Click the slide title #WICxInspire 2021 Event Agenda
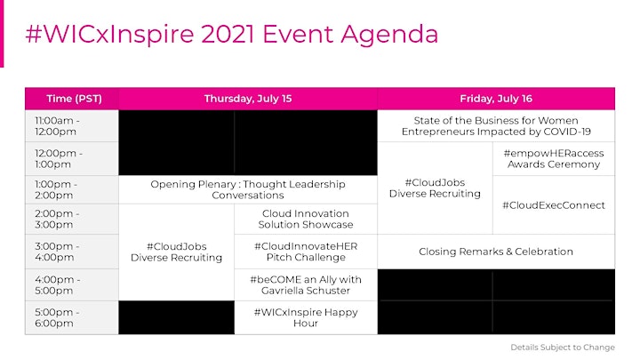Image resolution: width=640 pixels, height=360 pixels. [x=232, y=35]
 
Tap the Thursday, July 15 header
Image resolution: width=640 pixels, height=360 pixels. [x=248, y=99]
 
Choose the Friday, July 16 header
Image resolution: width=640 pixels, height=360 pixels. [x=496, y=99]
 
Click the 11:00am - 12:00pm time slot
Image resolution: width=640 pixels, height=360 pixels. [x=72, y=126]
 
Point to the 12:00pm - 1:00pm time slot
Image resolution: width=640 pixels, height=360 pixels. [x=72, y=159]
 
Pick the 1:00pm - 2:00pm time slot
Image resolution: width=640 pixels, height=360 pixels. [x=72, y=190]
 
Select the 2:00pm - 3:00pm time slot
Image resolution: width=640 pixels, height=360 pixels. [x=72, y=220]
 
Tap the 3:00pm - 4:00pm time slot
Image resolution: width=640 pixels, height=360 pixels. [x=72, y=252]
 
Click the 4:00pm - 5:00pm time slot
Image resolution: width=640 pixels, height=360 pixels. [x=72, y=285]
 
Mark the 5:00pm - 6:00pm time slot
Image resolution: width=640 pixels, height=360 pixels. [x=72, y=317]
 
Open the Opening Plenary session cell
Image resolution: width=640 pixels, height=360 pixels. [x=248, y=190]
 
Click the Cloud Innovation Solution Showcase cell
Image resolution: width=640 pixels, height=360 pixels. [x=306, y=220]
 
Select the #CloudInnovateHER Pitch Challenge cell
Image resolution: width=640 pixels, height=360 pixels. [x=306, y=252]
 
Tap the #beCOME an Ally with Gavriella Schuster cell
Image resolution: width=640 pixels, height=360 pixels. [x=306, y=285]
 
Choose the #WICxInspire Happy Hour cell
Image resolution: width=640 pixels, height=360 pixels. [x=306, y=317]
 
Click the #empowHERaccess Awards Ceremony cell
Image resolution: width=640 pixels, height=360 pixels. [x=554, y=159]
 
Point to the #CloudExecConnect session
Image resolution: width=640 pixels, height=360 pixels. [x=554, y=205]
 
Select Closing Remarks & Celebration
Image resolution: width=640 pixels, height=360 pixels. [x=496, y=252]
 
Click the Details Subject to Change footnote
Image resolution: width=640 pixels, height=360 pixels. [x=563, y=348]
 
